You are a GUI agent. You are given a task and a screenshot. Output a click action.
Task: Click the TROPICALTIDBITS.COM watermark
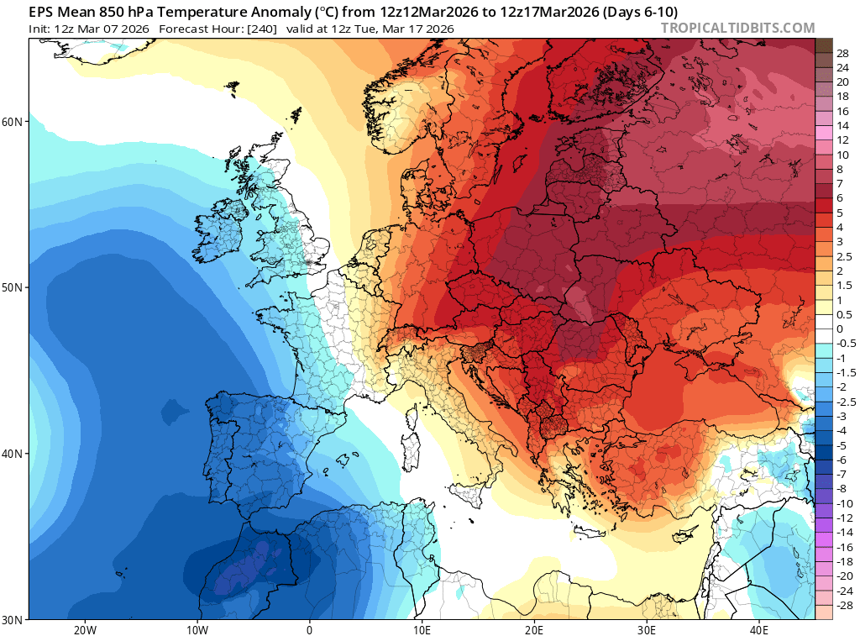[737, 28]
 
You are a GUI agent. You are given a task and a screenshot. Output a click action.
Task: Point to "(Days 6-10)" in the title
[639, 11]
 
